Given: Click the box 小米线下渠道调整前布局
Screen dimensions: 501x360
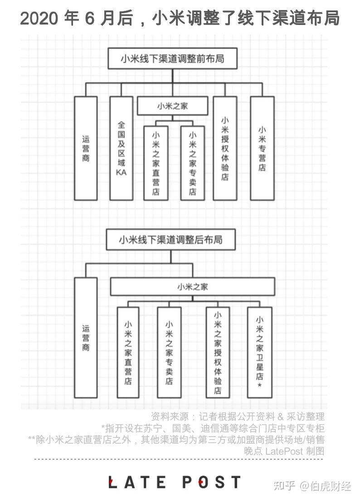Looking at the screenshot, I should tap(172, 59).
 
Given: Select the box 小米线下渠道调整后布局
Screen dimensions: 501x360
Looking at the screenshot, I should tap(171, 239).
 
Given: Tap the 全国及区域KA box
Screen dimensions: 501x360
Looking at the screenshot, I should tap(121, 148).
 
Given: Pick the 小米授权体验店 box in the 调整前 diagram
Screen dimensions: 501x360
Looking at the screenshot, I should tap(225, 148).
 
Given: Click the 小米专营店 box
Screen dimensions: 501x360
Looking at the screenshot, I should tap(262, 148).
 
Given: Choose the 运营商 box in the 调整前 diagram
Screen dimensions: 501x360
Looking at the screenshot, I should tap(86, 148).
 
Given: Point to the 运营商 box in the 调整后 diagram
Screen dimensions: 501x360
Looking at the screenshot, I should tap(86, 338).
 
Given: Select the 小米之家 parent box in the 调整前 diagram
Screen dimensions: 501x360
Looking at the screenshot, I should tap(172, 107).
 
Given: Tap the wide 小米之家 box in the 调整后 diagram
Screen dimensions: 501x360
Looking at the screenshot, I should tap(193, 287).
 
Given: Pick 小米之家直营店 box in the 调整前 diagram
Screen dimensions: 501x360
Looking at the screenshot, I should tap(156, 162).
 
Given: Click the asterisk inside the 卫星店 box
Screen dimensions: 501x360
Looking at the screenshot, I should tap(259, 385).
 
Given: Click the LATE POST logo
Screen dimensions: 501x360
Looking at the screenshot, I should tap(175, 482).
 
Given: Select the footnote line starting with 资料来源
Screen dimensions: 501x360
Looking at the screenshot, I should tap(237, 416).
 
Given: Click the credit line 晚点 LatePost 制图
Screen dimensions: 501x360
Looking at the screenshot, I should tap(284, 451).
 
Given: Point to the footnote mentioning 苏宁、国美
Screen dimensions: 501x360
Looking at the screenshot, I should tap(213, 427).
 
